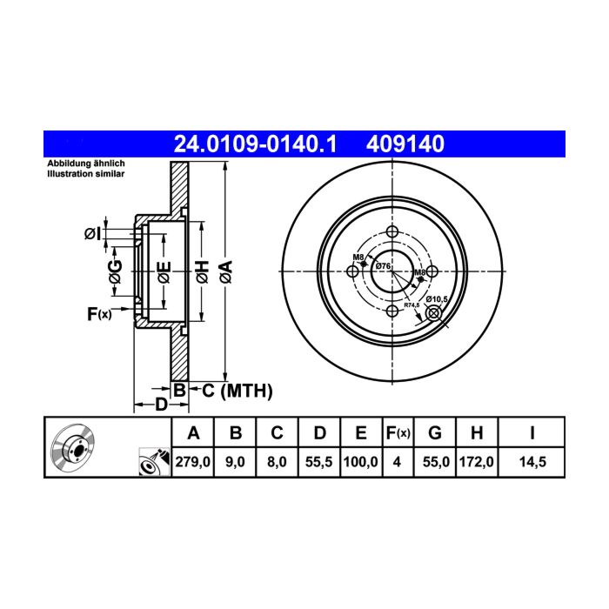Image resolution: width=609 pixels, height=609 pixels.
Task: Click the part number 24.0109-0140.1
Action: click(x=255, y=144)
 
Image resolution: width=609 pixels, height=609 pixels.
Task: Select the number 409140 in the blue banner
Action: click(x=405, y=144)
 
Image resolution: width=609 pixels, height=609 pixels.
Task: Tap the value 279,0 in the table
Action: click(x=193, y=462)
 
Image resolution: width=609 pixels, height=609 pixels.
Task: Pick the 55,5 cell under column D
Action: click(x=319, y=462)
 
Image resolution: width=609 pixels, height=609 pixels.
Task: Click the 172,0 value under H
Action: click(x=477, y=462)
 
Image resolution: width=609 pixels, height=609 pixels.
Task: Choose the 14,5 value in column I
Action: click(x=532, y=462)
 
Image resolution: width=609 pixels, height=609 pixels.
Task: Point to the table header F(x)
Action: click(x=398, y=432)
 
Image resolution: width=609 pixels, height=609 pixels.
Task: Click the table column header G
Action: click(x=435, y=432)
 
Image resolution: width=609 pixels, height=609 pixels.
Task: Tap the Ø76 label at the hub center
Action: click(x=383, y=266)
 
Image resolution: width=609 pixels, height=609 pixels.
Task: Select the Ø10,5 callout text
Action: click(x=437, y=299)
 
